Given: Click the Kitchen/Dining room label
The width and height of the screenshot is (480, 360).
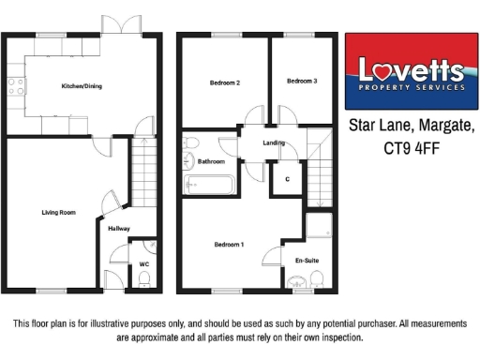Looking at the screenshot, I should coord(82,86).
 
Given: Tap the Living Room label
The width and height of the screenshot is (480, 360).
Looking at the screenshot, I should coord(58,213).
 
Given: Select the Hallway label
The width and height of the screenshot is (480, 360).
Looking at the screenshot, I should coord(119,229).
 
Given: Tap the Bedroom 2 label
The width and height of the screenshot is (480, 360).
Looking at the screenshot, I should coord(224,82).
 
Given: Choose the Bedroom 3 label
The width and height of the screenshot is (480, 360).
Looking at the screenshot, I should coord(301,82).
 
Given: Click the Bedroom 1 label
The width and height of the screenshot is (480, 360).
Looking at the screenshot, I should coord(229,245).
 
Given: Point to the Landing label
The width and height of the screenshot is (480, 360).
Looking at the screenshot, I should coord(274,143).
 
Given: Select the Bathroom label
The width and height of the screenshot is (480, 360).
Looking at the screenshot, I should coord(211,161).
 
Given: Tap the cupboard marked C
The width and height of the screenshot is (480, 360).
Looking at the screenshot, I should coord(286,178).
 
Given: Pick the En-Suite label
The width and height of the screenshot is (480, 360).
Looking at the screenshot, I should coord(306,260).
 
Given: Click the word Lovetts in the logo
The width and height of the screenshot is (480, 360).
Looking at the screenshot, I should coord(412,69).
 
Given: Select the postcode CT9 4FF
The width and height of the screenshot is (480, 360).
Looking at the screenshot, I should coord(412,147).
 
